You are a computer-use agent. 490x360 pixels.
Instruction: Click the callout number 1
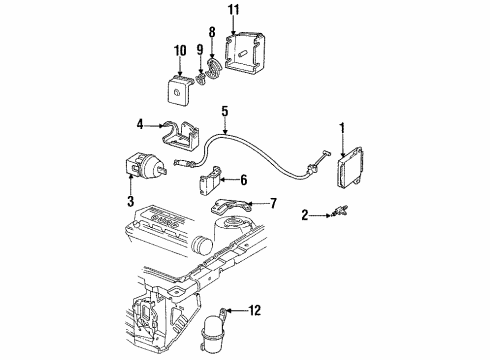tap(342, 127)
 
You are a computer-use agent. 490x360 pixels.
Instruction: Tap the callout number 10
tap(181, 50)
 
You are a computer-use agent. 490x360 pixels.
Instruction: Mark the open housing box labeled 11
tap(245, 57)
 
